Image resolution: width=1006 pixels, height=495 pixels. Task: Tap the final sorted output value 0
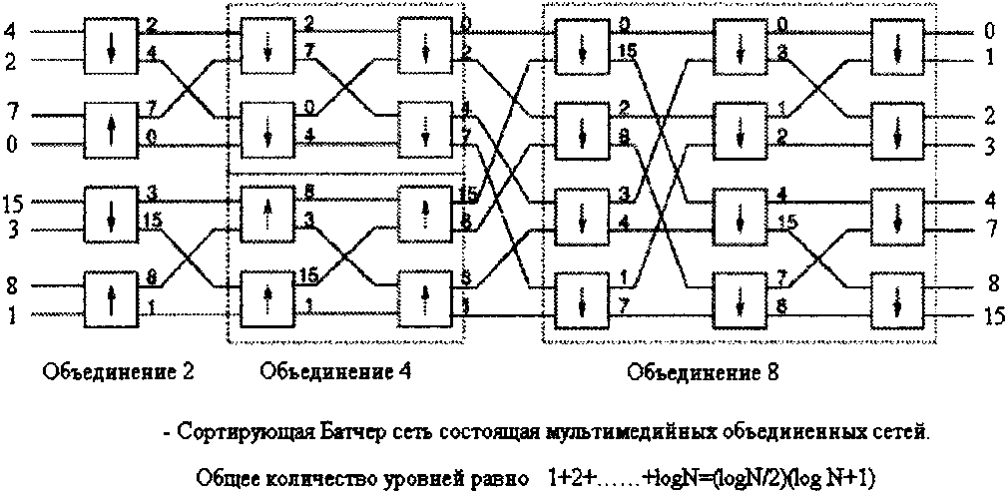(988, 33)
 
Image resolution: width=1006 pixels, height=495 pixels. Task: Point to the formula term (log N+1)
(832, 477)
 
